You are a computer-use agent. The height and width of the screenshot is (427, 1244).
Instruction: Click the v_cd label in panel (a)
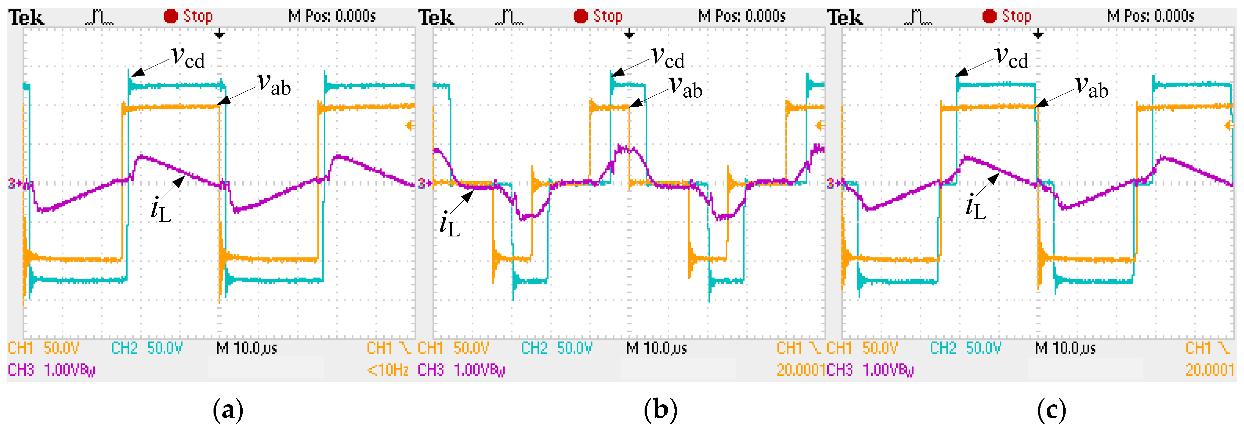tap(188, 58)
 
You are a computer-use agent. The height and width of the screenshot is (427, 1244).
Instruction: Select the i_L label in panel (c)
tap(976, 207)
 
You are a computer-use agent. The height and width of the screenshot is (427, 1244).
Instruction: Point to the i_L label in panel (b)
tap(449, 224)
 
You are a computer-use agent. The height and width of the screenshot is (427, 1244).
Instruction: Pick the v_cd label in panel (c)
tap(1012, 58)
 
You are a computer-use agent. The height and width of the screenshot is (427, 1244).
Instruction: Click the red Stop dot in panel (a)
tap(170, 16)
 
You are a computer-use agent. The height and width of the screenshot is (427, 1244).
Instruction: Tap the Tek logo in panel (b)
tap(436, 18)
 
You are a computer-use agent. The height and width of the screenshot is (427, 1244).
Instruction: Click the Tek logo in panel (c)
tap(845, 18)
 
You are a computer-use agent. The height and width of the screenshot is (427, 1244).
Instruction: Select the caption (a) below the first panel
tap(228, 410)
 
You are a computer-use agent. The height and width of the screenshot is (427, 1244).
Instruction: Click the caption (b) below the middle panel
tap(661, 410)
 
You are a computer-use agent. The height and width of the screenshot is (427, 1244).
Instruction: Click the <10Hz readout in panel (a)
tap(388, 370)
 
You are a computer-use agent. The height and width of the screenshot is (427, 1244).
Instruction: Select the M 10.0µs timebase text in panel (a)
tap(246, 348)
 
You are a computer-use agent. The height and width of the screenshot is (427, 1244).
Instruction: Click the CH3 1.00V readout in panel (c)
tap(870, 370)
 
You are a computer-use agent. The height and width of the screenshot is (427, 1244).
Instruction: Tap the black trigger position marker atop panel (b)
tap(629, 34)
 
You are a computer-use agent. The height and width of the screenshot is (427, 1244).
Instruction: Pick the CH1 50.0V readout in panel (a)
tap(44, 348)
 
